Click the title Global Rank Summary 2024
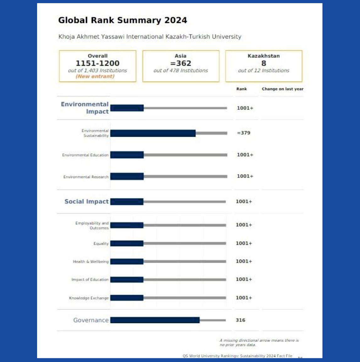tap(123, 20)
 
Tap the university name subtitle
tap(150, 37)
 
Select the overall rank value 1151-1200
tap(98, 63)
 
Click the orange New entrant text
tap(95, 76)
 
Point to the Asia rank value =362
tap(181, 63)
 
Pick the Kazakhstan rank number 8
tap(264, 63)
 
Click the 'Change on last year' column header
tap(283, 89)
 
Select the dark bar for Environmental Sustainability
tap(153, 133)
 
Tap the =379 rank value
tap(244, 133)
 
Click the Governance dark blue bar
tap(155, 320)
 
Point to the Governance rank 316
tap(240, 320)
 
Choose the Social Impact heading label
tap(86, 201)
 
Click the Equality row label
tap(101, 244)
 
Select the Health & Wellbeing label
tap(91, 261)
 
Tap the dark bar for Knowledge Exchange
tap(127, 298)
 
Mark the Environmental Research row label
tap(86, 177)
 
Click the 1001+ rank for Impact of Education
tap(244, 279)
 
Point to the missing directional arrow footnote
tap(259, 343)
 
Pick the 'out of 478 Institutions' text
tap(181, 70)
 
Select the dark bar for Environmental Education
tap(127, 155)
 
